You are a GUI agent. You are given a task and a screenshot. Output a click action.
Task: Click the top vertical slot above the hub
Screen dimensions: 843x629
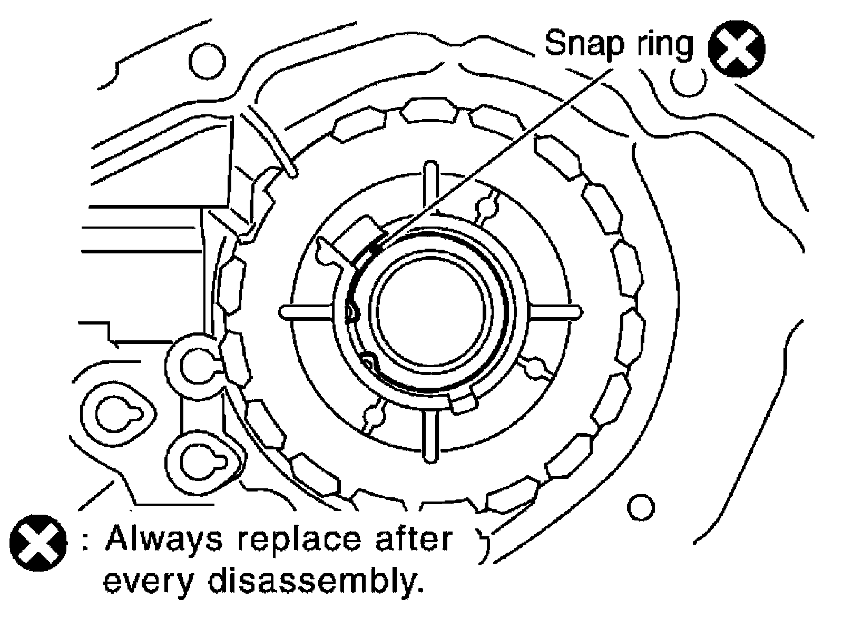[x=430, y=188]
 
